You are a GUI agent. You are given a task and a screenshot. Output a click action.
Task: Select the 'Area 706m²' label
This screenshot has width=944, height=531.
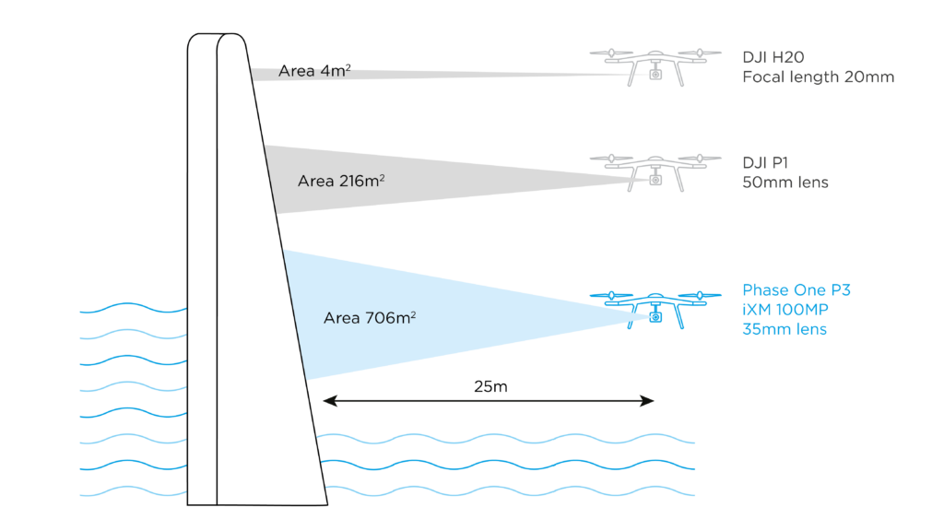(x=370, y=318)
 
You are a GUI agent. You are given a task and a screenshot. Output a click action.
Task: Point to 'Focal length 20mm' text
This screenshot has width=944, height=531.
(x=818, y=77)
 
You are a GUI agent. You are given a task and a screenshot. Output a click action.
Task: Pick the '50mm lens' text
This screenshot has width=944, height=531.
(x=785, y=183)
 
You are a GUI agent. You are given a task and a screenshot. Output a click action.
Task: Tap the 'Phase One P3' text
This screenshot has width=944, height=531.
(x=796, y=290)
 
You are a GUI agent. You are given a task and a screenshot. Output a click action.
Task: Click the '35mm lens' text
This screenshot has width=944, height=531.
(x=785, y=329)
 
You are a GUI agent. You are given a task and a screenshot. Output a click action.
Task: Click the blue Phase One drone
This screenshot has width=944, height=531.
(x=655, y=305)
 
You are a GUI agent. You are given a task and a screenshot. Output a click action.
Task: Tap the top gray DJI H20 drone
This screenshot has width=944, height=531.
(x=655, y=62)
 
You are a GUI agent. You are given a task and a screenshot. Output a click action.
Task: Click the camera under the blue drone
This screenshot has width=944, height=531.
(x=656, y=317)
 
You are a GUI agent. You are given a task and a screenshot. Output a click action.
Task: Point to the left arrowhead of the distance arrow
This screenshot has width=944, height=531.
(x=325, y=400)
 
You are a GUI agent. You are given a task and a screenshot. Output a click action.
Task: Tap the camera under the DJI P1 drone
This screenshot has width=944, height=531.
(x=656, y=180)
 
